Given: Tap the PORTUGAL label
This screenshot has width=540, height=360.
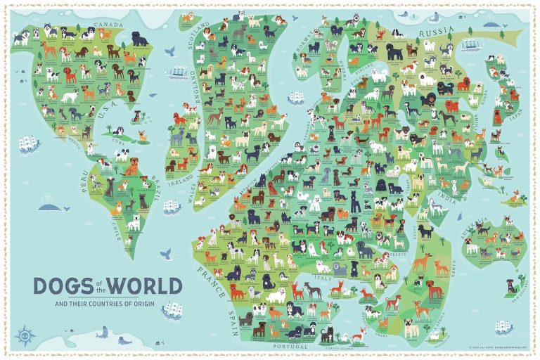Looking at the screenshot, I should coord(290,347).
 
